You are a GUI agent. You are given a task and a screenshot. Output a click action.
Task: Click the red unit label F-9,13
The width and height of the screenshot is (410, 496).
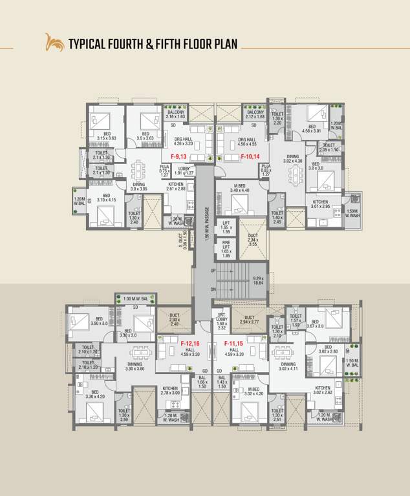(x=178, y=157)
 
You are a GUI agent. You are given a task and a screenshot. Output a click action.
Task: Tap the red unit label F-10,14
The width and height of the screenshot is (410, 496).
(x=250, y=157)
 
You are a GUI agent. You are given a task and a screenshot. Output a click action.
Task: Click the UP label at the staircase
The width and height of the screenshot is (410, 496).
(x=213, y=271)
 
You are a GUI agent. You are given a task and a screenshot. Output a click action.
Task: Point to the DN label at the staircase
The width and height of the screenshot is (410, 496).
(x=213, y=289)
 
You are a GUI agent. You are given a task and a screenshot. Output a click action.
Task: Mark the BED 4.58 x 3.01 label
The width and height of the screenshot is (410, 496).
(x=312, y=130)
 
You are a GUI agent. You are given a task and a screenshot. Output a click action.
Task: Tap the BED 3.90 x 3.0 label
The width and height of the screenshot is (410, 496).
(x=100, y=321)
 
